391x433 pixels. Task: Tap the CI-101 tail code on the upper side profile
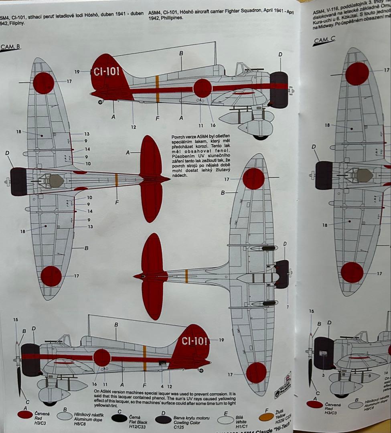point(106,72)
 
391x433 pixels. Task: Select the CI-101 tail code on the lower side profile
point(194,341)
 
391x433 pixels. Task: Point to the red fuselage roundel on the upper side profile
point(203,88)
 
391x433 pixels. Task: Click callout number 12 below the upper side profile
point(134,127)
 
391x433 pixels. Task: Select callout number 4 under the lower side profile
point(162,386)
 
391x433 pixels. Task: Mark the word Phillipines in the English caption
point(164,18)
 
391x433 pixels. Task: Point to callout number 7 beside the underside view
point(287,307)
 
